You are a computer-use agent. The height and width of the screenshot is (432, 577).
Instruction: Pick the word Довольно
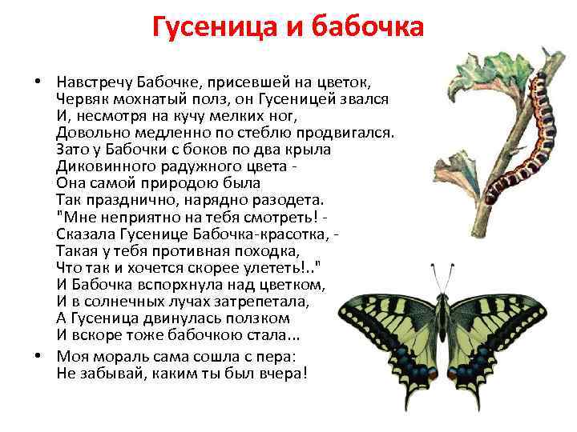tap(90, 132)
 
